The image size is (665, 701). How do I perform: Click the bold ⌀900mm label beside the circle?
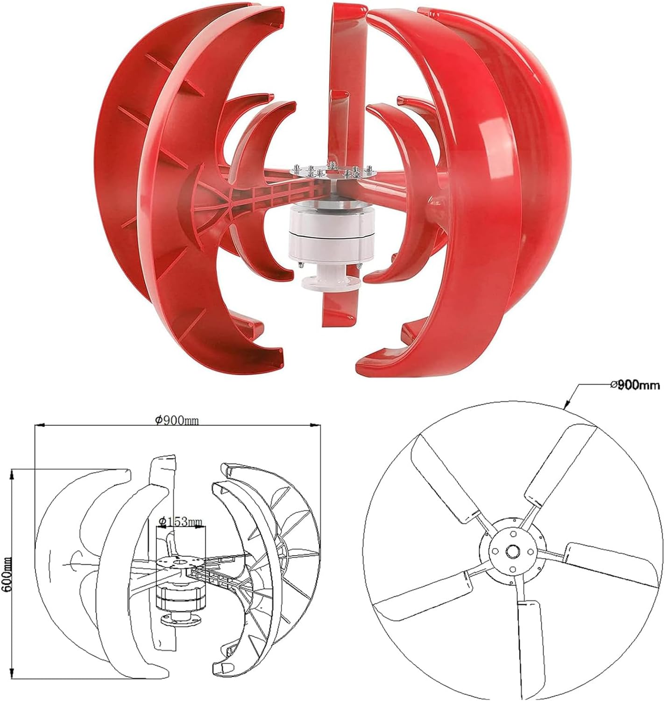(x=635, y=385)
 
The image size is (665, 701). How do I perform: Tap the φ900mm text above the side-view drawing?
(x=177, y=420)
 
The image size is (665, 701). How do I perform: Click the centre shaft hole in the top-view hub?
(x=513, y=551)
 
